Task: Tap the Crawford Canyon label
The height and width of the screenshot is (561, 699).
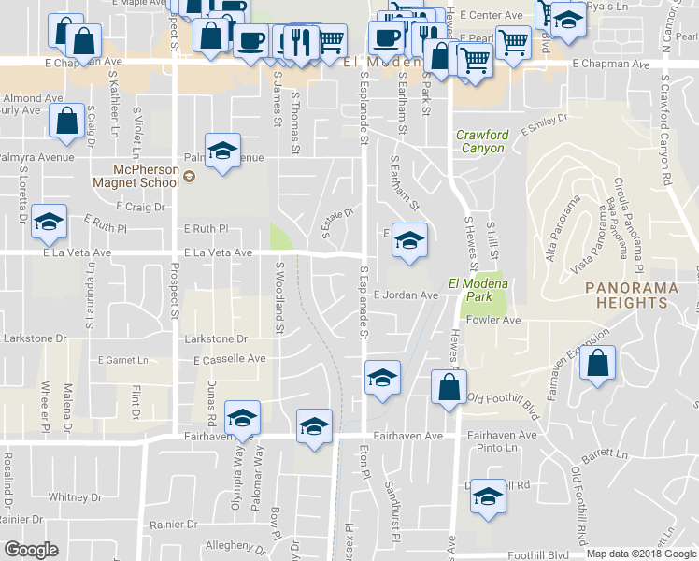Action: tap(482, 141)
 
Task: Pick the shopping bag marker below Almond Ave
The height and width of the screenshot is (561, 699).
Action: tap(66, 122)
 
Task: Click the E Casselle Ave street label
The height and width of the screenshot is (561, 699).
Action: tap(230, 359)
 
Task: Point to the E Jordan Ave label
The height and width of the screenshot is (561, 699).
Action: tap(406, 295)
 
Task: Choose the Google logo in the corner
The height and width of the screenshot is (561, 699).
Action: tap(31, 550)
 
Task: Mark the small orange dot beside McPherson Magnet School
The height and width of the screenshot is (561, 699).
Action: tap(189, 176)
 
